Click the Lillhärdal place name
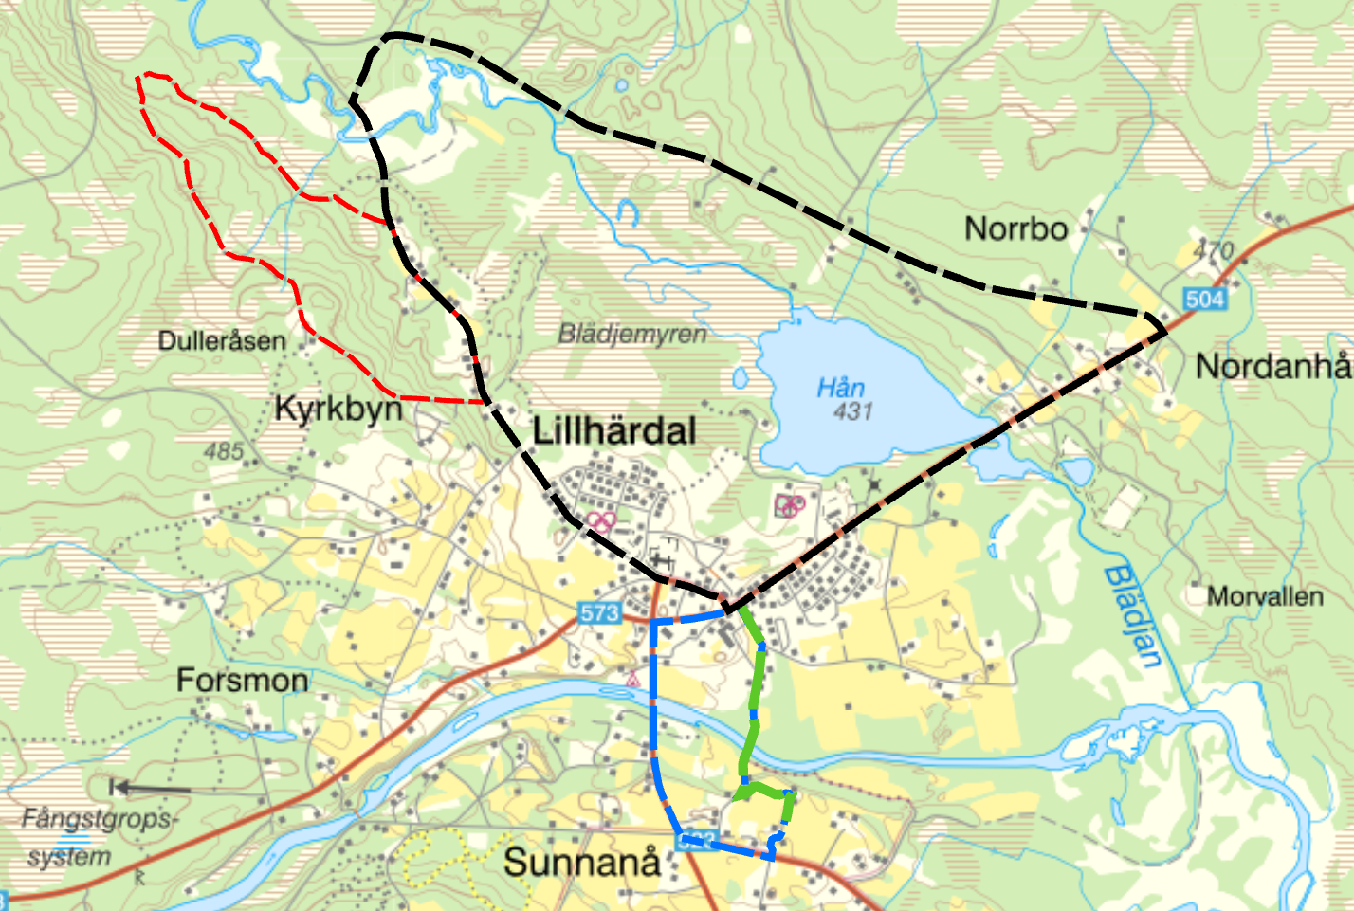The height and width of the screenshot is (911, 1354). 614,431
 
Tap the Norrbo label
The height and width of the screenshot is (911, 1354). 1015,229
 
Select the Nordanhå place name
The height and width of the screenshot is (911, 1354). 1272,366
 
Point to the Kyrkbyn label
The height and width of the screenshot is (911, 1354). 338,409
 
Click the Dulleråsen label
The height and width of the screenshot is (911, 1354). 222,341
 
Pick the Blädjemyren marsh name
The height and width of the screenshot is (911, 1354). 631,334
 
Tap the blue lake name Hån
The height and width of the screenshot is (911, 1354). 841,388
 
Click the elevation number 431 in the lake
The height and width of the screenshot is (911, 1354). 852,411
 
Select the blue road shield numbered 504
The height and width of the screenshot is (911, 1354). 1204,300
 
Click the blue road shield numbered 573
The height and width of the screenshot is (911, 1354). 599,613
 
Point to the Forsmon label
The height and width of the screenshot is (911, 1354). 243,681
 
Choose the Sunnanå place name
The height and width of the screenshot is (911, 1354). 581,863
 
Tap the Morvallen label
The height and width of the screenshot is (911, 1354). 1265,597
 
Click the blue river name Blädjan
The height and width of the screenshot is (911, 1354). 1134,616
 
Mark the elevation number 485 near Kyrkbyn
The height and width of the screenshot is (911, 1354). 224,451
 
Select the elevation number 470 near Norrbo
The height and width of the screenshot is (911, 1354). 1213,251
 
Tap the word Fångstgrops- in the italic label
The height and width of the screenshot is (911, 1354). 98,819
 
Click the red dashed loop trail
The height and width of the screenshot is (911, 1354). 225,251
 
